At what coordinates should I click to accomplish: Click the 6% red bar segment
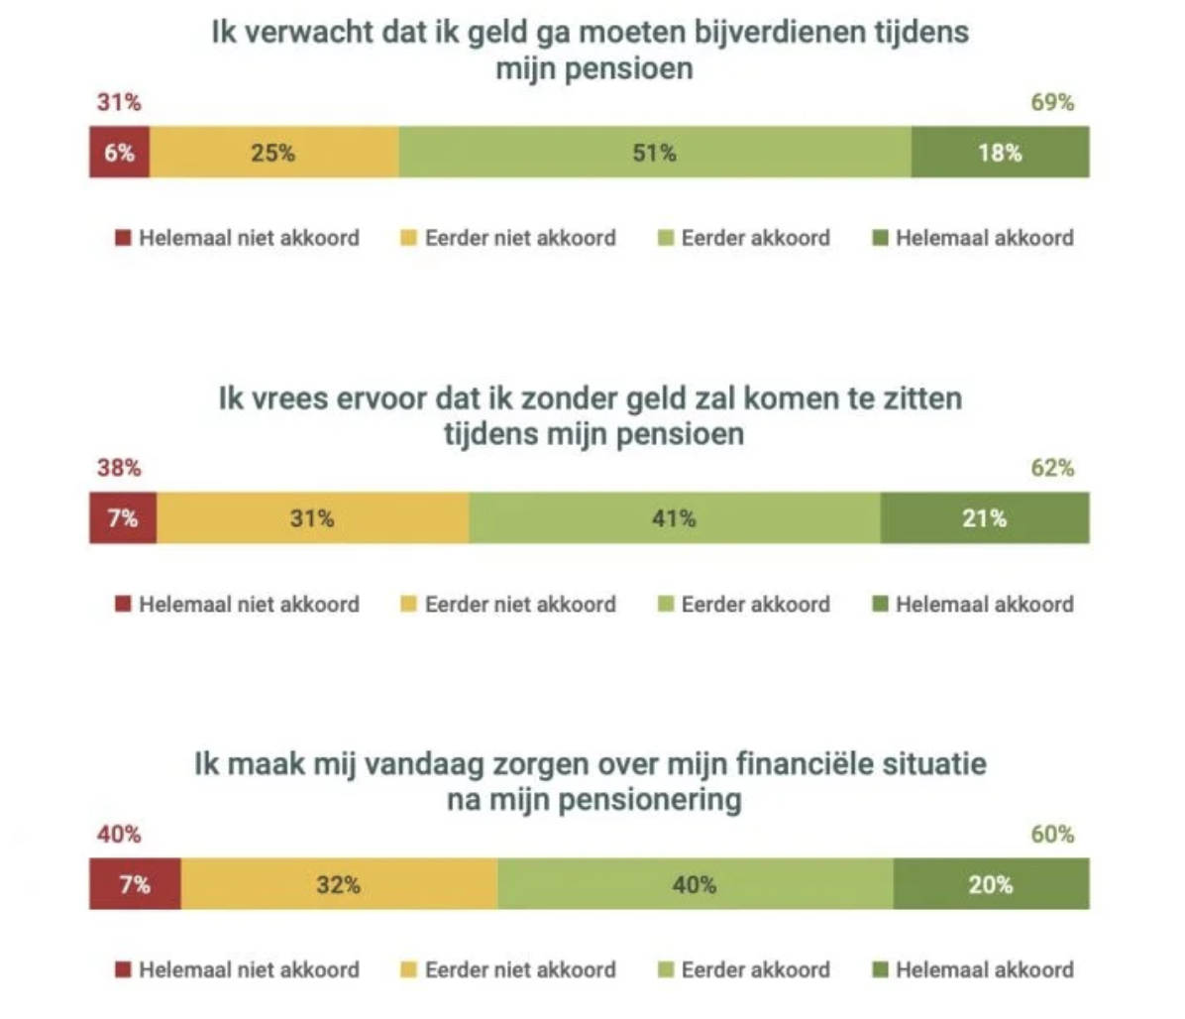119,153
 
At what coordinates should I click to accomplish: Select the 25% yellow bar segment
273,153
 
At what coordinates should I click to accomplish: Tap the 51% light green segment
654,153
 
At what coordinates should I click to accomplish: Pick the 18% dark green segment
1000,153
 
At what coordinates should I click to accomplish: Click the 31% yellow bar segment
312,518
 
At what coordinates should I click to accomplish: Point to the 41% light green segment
674,518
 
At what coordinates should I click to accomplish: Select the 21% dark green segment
984,518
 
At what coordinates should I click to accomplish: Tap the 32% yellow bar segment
339,884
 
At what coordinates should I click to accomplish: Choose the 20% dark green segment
991,884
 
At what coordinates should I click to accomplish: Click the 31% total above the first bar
119,102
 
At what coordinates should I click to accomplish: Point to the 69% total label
1052,102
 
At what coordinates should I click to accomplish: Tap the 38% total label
119,468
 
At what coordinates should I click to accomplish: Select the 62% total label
1052,468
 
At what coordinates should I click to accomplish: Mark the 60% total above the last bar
1052,835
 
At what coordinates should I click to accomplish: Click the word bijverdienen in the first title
760,32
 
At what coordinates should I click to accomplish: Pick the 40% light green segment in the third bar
694,884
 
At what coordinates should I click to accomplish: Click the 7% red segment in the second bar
123,518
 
